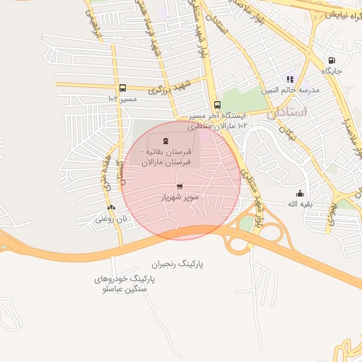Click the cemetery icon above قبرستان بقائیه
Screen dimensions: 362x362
pyautogui.click(x=165, y=141)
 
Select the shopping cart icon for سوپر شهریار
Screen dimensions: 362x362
pyautogui.click(x=180, y=187)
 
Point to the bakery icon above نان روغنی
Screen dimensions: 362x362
pyautogui.click(x=111, y=207)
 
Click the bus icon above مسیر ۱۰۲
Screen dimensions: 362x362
pyautogui.click(x=123, y=88)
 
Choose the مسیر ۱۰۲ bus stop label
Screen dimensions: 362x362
pyautogui.click(x=121, y=99)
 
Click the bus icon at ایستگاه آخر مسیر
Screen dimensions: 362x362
pyautogui.click(x=216, y=105)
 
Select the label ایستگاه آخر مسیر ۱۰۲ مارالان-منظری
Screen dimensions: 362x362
pyautogui.click(x=218, y=120)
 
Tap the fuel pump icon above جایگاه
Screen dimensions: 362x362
pyautogui.click(x=332, y=61)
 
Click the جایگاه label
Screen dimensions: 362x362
pyautogui.click(x=332, y=71)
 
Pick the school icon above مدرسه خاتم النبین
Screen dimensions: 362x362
pyautogui.click(x=289, y=79)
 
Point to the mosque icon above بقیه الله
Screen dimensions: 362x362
pyautogui.click(x=300, y=193)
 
